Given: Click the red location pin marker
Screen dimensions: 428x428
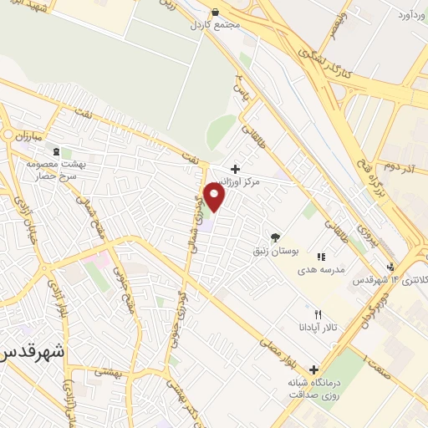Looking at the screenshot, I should (216, 196).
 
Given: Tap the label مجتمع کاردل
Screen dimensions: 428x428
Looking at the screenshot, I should (186, 24).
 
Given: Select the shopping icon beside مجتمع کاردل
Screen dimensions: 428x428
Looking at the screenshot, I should (216, 13).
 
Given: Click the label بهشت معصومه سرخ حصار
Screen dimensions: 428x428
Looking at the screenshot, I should (50, 170).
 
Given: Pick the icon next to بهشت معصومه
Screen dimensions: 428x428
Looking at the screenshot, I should (56, 151).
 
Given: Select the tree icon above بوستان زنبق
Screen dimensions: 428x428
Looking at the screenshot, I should (274, 237).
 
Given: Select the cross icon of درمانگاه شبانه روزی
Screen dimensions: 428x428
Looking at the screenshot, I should (314, 369).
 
